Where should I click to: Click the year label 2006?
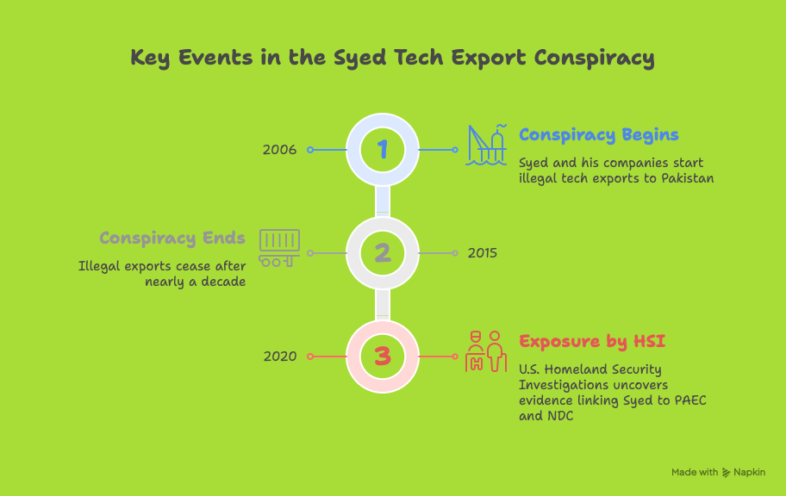pos(279,150)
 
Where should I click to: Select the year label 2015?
pos(483,253)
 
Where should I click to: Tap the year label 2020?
pos(280,356)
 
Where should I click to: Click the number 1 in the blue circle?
pos(383,149)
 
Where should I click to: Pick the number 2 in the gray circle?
pos(383,253)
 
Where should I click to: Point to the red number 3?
pos(383,356)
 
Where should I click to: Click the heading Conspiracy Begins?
pos(598,135)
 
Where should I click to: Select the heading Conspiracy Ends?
pos(172,238)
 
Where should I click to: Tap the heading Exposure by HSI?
pos(592,342)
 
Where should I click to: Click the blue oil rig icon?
pos(486,145)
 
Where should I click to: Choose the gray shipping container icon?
pos(279,248)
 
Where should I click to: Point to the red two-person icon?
pos(486,351)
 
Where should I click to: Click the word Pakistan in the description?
pos(687,178)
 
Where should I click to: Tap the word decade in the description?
pos(223,282)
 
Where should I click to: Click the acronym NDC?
pos(560,416)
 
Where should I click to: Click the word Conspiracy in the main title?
pos(594,58)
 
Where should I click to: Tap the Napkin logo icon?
pos(726,473)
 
